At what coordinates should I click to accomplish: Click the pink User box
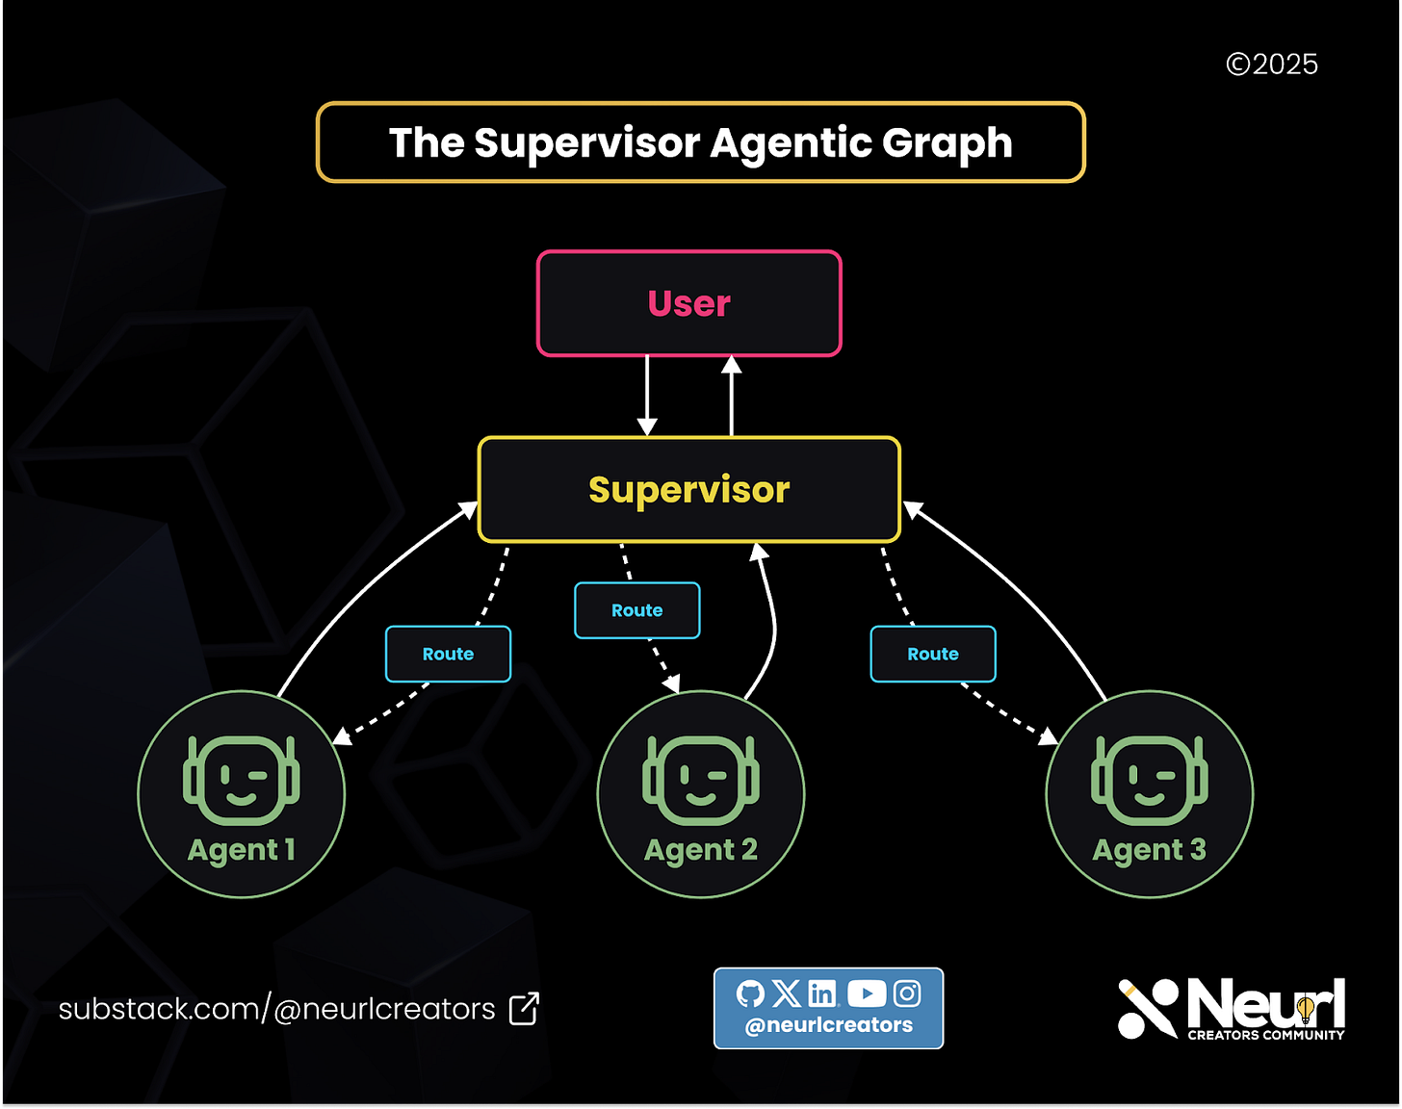pos(688,303)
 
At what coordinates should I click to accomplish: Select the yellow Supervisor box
pos(688,489)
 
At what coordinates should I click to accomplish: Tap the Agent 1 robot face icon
pos(241,780)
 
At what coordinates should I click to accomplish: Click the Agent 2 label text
pos(700,850)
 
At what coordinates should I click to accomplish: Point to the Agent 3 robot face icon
pos(1149,780)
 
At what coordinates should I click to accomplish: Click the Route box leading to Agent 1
pos(448,654)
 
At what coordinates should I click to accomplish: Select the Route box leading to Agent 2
pos(636,610)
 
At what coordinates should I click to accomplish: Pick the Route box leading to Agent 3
pos(932,654)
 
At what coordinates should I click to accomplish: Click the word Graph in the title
pos(947,143)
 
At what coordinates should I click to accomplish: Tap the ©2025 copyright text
pos(1271,64)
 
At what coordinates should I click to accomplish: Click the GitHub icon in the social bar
pos(750,993)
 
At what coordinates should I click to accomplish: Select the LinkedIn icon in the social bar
pos(822,993)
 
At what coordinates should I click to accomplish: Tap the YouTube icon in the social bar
pos(867,993)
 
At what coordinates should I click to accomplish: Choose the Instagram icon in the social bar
pos(907,993)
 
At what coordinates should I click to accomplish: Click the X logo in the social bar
pos(787,993)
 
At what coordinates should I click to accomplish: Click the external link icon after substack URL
pos(524,1009)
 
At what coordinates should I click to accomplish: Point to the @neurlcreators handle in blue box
pos(828,1025)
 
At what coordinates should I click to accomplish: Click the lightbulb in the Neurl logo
pos(1306,1008)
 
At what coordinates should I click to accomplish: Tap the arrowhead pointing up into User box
pos(732,365)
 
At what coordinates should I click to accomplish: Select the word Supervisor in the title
pos(586,143)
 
